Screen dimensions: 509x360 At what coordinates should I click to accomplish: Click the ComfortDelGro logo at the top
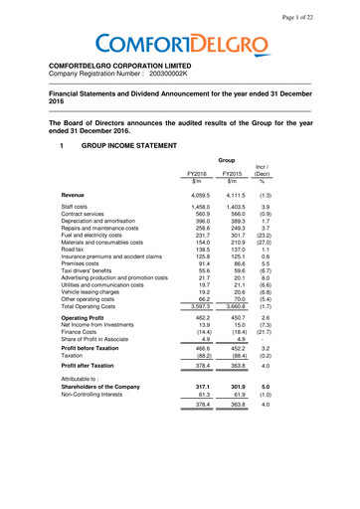(x=179, y=45)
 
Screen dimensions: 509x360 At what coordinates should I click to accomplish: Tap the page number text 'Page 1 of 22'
(x=317, y=9)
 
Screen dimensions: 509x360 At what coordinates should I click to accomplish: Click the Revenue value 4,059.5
(x=197, y=196)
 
